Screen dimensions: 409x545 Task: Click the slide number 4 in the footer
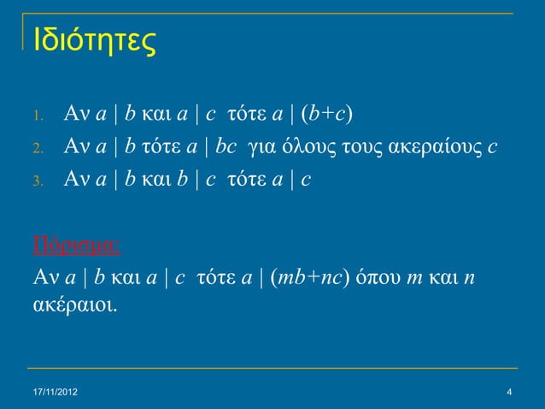point(509,393)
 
